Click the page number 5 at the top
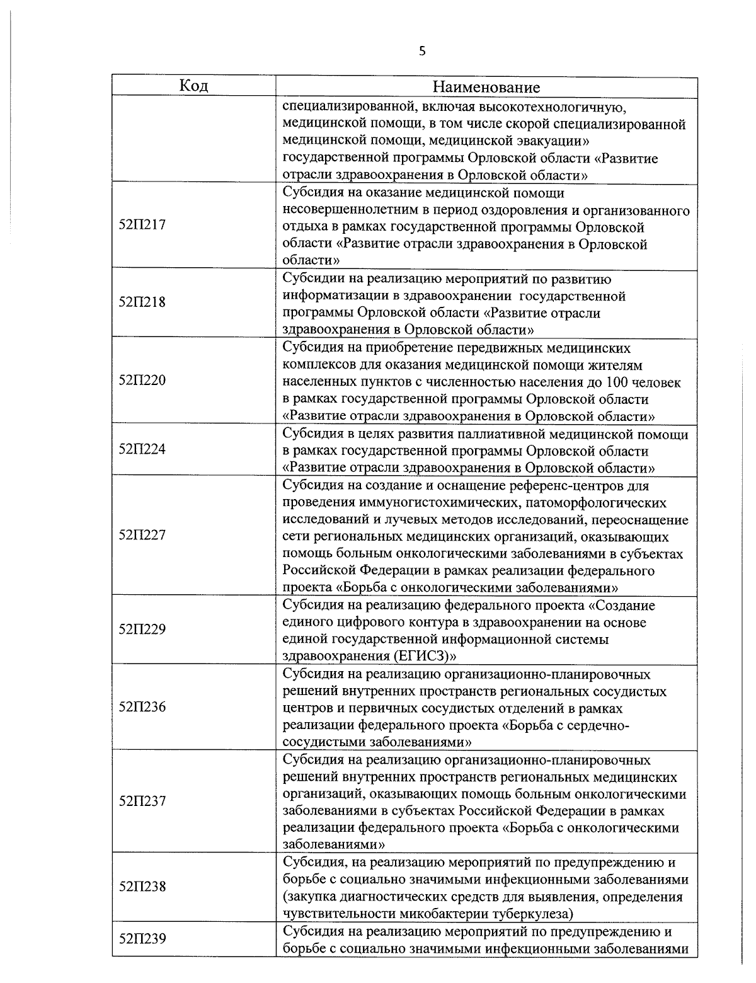point(421,52)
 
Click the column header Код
point(193,86)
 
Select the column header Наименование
point(486,87)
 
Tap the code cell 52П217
point(142,225)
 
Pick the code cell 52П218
point(142,302)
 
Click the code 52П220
point(142,380)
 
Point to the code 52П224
point(142,449)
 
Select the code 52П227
point(142,535)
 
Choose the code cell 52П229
point(142,629)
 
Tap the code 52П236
point(142,707)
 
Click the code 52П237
point(142,802)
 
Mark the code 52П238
point(142,887)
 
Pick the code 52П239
point(142,939)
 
